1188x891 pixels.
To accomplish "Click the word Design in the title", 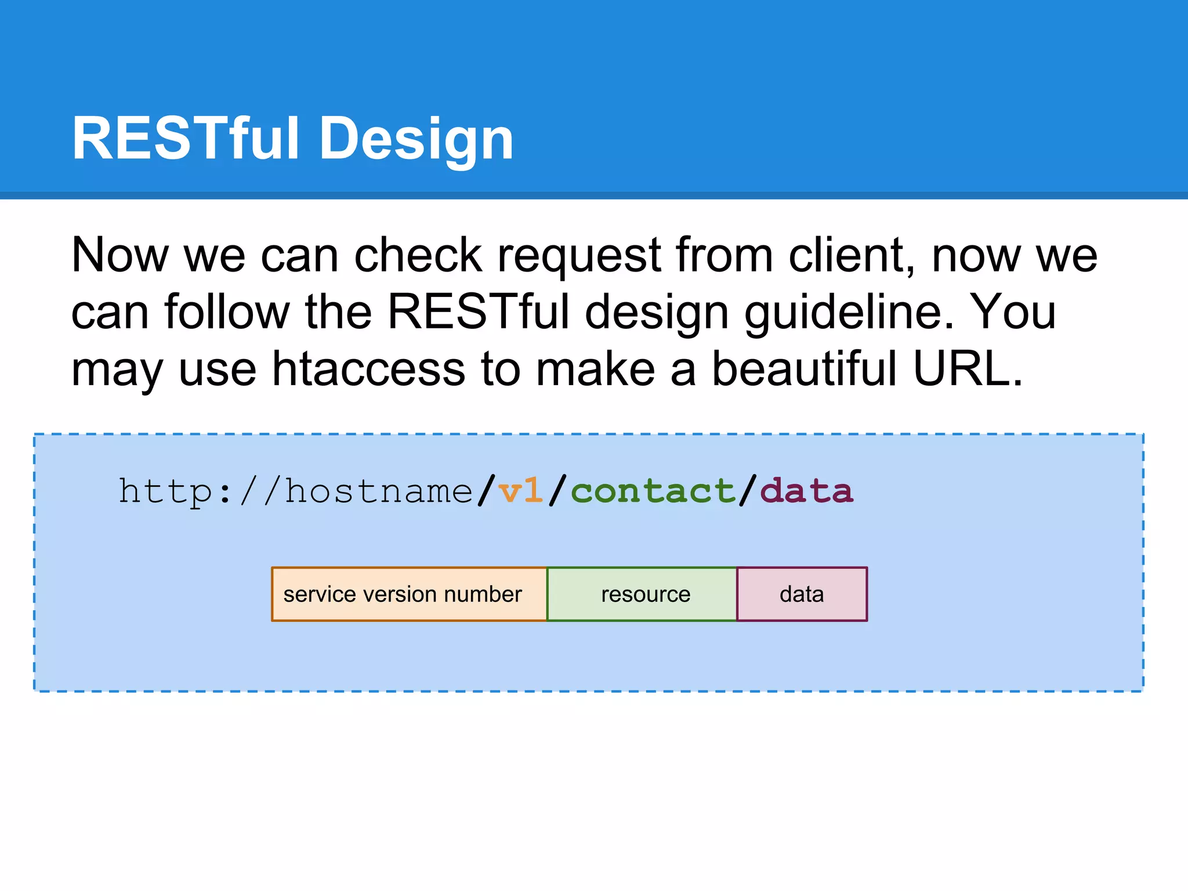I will [x=416, y=139].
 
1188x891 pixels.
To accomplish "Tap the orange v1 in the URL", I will [x=520, y=491].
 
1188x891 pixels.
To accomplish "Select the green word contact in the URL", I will [x=653, y=491].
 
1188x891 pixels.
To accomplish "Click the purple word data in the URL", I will [x=806, y=491].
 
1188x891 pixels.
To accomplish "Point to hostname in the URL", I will [x=379, y=491].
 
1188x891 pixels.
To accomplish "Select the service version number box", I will [x=409, y=594].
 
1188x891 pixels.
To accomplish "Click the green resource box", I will [x=642, y=594].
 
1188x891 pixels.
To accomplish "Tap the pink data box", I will [x=802, y=594].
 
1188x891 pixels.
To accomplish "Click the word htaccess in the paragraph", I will [x=368, y=369].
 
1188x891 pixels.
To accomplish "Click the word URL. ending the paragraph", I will [x=968, y=369].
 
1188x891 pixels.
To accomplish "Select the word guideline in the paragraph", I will [x=849, y=313].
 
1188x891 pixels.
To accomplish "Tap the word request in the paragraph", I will [x=579, y=256].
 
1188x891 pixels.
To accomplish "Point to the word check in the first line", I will [x=418, y=255].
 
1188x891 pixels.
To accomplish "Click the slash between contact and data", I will [x=748, y=491].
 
